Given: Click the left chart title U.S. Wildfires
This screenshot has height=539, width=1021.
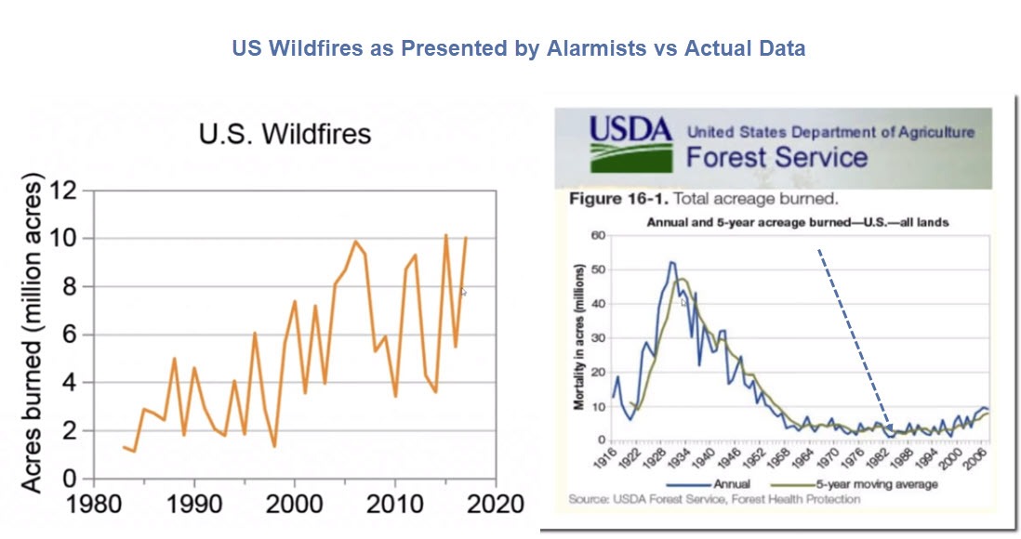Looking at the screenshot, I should click(285, 134).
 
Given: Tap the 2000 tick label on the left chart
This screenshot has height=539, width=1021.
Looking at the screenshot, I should click(295, 503).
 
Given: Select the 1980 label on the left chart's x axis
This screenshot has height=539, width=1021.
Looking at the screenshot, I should click(93, 503).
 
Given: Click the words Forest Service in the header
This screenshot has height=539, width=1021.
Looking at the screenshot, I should click(776, 156).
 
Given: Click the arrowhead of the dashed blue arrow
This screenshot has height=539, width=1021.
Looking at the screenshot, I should click(889, 428).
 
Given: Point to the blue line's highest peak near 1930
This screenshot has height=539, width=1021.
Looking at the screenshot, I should click(671, 263).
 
